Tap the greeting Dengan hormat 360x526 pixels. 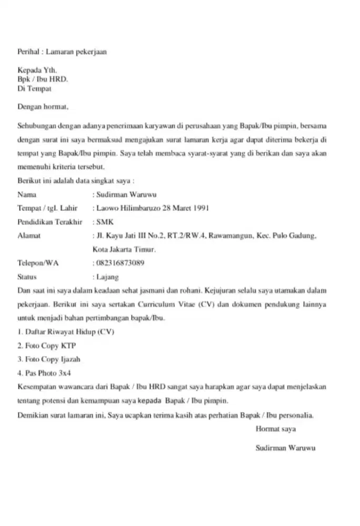pos(43,107)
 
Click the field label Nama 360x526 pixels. pos(27,194)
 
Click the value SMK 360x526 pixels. pos(105,221)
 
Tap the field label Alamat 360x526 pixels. pos(29,236)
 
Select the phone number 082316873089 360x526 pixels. pos(121,263)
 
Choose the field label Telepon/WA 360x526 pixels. pos(38,263)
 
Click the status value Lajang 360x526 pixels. pos(107,277)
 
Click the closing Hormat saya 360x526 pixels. pos(275,429)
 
